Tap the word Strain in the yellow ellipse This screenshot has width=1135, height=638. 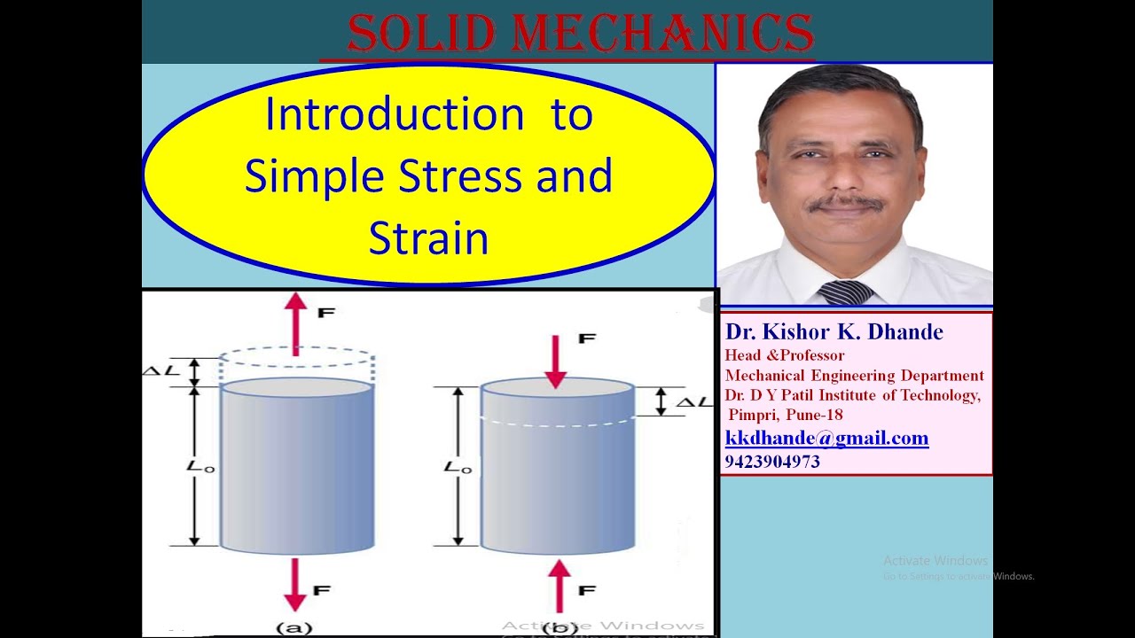(428, 238)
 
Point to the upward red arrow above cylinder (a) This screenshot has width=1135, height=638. (295, 323)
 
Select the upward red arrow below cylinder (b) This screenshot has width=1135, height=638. (558, 586)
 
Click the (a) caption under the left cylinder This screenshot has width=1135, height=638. (294, 628)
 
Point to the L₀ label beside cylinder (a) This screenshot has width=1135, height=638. (202, 466)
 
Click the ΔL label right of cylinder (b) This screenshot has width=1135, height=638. (693, 402)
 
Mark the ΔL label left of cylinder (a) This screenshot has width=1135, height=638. (157, 370)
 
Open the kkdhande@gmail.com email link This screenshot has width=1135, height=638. (826, 438)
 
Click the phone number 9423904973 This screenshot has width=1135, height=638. (772, 462)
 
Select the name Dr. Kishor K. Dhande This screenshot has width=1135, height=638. (834, 332)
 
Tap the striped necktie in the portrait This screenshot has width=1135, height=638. (845, 292)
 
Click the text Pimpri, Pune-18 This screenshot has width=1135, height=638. (786, 415)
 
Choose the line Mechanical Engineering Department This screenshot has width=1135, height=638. (854, 376)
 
